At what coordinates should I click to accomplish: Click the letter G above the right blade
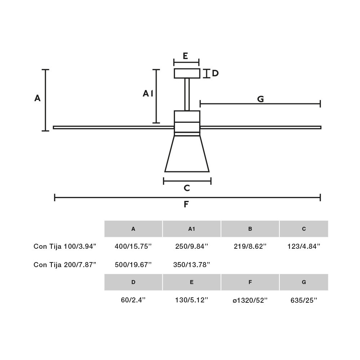pos(260,99)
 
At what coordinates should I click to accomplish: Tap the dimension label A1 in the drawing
pos(148,94)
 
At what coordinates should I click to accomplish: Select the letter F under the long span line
pos(186,204)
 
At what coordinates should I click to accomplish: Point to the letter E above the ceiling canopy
pos(185,56)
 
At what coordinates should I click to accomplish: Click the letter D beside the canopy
pos(215,73)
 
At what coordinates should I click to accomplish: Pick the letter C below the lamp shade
pos(187,188)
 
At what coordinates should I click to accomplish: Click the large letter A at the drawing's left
pos(37,98)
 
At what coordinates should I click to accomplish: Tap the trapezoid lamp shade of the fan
pos(187,154)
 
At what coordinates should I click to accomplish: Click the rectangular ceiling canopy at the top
pos(187,73)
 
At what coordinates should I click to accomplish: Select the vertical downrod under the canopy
pos(187,94)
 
